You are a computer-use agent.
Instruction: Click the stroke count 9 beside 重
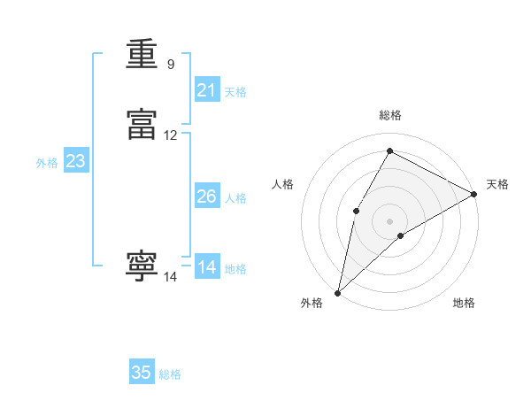click(171, 65)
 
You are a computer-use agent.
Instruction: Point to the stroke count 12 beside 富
click(171, 135)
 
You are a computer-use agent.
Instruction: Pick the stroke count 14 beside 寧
click(171, 277)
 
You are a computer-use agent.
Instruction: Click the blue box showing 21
click(207, 90)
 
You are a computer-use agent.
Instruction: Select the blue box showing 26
click(207, 196)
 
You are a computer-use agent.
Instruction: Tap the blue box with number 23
click(75, 161)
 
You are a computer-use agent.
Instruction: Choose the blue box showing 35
click(142, 373)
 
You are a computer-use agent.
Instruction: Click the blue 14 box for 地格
click(207, 267)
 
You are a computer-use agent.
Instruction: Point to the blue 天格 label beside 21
click(235, 92)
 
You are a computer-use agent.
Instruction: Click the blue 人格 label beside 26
click(235, 198)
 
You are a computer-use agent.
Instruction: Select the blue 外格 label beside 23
click(47, 163)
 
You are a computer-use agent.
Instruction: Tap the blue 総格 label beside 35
click(170, 374)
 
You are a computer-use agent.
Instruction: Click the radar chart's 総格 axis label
click(390, 115)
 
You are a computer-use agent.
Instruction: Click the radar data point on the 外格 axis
click(337, 292)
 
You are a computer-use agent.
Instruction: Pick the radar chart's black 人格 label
click(283, 184)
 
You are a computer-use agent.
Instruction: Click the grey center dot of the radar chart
click(389, 220)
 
